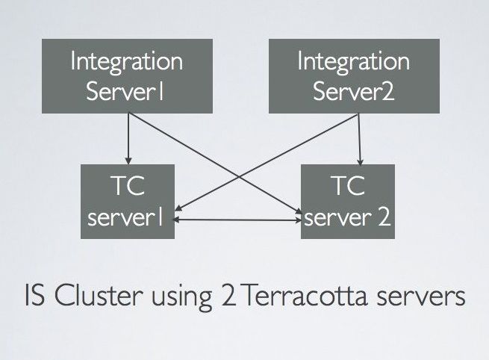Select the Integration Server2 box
pos(353,76)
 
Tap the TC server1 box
pos(127,201)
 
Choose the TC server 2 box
pos(346,201)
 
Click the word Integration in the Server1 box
pos(125,61)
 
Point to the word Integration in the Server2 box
pos(353,61)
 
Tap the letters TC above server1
pos(127,186)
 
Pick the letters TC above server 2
pos(346,186)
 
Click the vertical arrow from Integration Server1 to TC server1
pos(128,138)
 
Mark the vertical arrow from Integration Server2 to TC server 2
pos(361,138)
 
